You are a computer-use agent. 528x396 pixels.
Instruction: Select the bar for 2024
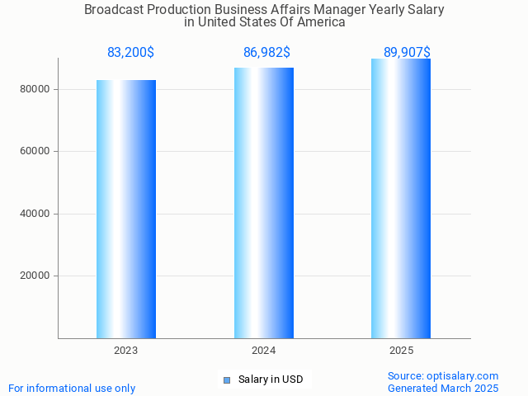(x=264, y=203)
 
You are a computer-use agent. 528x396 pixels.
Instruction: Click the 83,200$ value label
(x=130, y=53)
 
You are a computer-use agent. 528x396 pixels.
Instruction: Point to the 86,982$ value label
(x=266, y=53)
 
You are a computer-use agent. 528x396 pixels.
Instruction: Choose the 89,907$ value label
(x=407, y=53)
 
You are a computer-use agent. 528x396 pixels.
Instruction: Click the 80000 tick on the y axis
(x=35, y=89)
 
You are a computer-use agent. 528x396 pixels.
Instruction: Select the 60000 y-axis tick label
(x=35, y=152)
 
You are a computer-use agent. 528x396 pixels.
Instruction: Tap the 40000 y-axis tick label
(x=35, y=214)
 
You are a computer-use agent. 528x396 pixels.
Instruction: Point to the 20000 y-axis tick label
(x=35, y=276)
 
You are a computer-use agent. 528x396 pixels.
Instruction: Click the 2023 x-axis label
(x=126, y=351)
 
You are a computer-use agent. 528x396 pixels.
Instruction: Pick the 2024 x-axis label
(x=264, y=351)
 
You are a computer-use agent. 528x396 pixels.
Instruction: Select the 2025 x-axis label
(x=401, y=351)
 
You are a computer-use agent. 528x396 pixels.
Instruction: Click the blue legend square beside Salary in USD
(x=227, y=380)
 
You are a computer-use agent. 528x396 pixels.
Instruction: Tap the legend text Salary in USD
(x=271, y=379)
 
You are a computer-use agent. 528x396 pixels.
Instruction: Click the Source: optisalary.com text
(x=443, y=375)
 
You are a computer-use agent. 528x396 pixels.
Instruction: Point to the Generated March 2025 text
(x=443, y=388)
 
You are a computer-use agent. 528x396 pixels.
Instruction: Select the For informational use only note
(x=72, y=388)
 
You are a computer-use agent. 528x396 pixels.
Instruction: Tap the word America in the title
(x=320, y=22)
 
